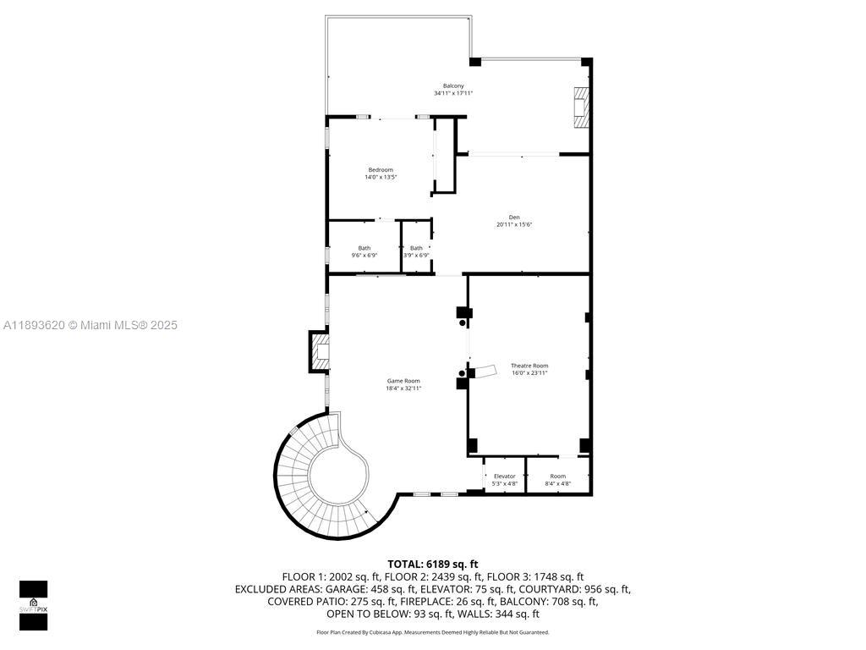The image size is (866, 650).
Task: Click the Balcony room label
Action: [453, 85]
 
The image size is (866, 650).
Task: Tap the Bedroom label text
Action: [381, 170]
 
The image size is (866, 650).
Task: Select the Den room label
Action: [514, 218]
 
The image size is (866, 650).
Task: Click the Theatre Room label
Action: [529, 366]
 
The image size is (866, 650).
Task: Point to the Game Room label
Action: [403, 382]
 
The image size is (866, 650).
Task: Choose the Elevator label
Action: [505, 476]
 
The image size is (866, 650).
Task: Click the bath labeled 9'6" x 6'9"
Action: [364, 248]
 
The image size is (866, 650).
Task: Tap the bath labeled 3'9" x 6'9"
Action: [416, 248]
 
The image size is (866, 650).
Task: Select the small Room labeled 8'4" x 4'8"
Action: [558, 476]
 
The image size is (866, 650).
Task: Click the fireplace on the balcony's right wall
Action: [580, 107]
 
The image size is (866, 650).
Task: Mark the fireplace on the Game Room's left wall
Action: [319, 351]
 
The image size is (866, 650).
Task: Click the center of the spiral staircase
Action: [337, 477]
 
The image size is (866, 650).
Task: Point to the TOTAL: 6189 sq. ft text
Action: [433, 564]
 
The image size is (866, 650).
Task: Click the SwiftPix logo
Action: [34, 605]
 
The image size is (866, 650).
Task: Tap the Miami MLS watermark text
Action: [90, 325]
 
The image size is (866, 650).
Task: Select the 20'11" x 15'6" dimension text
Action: [514, 225]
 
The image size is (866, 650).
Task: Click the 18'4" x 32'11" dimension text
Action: [403, 389]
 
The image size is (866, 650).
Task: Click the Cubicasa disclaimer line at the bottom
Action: [433, 632]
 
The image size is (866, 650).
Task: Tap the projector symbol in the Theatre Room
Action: [485, 371]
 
